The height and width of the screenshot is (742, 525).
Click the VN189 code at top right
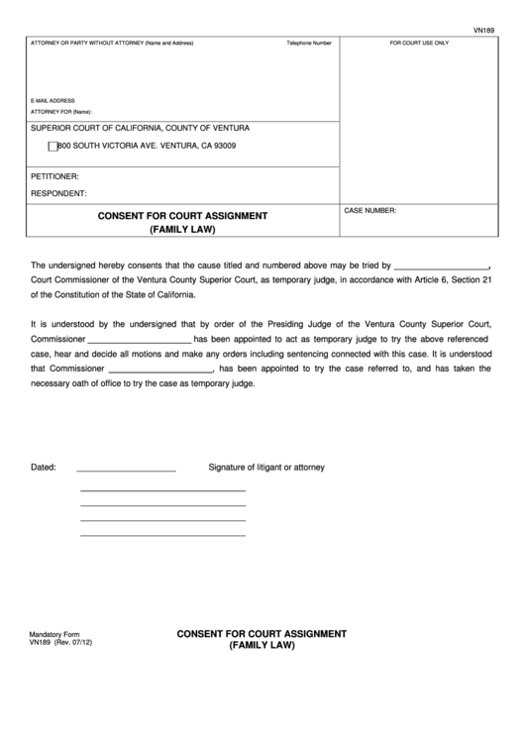click(x=481, y=31)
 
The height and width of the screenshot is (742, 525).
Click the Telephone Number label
click(x=309, y=44)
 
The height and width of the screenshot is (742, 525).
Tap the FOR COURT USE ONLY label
click(x=419, y=44)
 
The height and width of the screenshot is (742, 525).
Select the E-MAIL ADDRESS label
click(x=53, y=101)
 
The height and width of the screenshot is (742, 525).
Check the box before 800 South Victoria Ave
click(x=53, y=147)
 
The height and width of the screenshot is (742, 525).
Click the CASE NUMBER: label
click(x=370, y=211)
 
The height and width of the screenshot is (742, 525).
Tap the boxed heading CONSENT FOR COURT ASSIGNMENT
click(x=182, y=215)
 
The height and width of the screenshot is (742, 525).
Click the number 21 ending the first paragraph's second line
click(x=486, y=280)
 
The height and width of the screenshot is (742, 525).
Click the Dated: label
click(x=44, y=467)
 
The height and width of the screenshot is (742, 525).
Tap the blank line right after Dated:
click(x=126, y=470)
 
